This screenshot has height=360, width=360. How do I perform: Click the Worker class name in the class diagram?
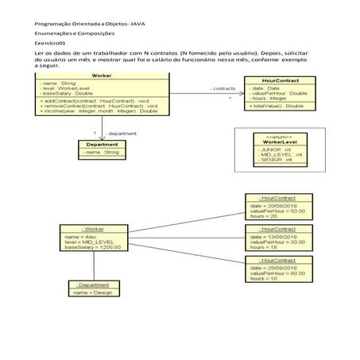click(101, 75)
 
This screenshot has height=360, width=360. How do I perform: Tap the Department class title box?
click(103, 144)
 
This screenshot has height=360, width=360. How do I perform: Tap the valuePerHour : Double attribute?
click(273, 94)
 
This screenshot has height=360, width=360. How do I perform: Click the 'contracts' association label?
click(222, 88)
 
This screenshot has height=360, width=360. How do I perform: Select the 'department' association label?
click(122, 134)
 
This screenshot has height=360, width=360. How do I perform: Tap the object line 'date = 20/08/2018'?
click(271, 204)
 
